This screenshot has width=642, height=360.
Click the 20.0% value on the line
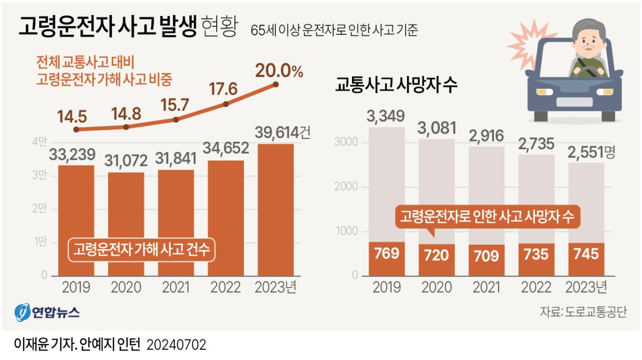(279, 71)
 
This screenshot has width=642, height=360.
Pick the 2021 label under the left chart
(175, 288)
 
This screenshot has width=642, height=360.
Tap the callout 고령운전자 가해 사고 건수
(141, 249)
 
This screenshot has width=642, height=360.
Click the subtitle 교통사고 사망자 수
(396, 86)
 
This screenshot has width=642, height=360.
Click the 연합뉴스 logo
(48, 312)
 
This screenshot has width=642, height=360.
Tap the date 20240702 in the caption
(176, 344)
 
